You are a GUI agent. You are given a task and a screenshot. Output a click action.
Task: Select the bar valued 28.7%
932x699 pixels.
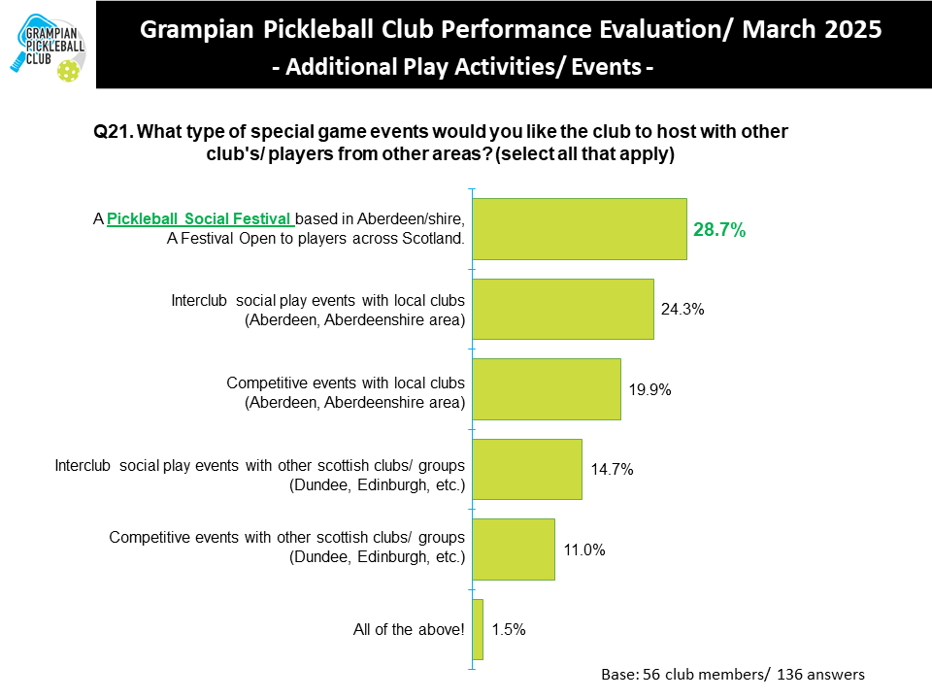pyautogui.click(x=580, y=230)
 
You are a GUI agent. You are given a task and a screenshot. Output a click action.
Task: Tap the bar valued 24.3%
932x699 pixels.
pyautogui.click(x=563, y=309)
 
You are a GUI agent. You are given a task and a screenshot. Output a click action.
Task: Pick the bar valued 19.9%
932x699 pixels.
pyautogui.click(x=547, y=388)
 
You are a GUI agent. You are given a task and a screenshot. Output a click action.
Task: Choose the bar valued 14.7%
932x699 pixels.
pyautogui.click(x=527, y=469)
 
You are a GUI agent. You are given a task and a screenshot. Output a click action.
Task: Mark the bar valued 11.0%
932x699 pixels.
pyautogui.click(x=514, y=549)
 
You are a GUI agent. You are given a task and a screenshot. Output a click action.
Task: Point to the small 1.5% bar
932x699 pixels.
pyautogui.click(x=478, y=629)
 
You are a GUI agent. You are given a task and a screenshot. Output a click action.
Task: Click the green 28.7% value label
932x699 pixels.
pyautogui.click(x=719, y=230)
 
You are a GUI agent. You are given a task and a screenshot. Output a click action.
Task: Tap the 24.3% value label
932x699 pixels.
pyautogui.click(x=682, y=310)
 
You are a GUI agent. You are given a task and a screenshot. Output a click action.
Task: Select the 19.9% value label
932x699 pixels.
pyautogui.click(x=649, y=389)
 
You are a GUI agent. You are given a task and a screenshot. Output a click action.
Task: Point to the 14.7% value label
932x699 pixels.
pyautogui.click(x=612, y=470)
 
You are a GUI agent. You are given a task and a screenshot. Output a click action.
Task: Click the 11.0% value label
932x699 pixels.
pyautogui.click(x=584, y=549)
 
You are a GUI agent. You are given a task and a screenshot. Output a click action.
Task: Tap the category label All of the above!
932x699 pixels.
pyautogui.click(x=409, y=629)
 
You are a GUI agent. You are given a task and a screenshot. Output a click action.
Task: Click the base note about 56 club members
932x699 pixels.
pyautogui.click(x=733, y=674)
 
